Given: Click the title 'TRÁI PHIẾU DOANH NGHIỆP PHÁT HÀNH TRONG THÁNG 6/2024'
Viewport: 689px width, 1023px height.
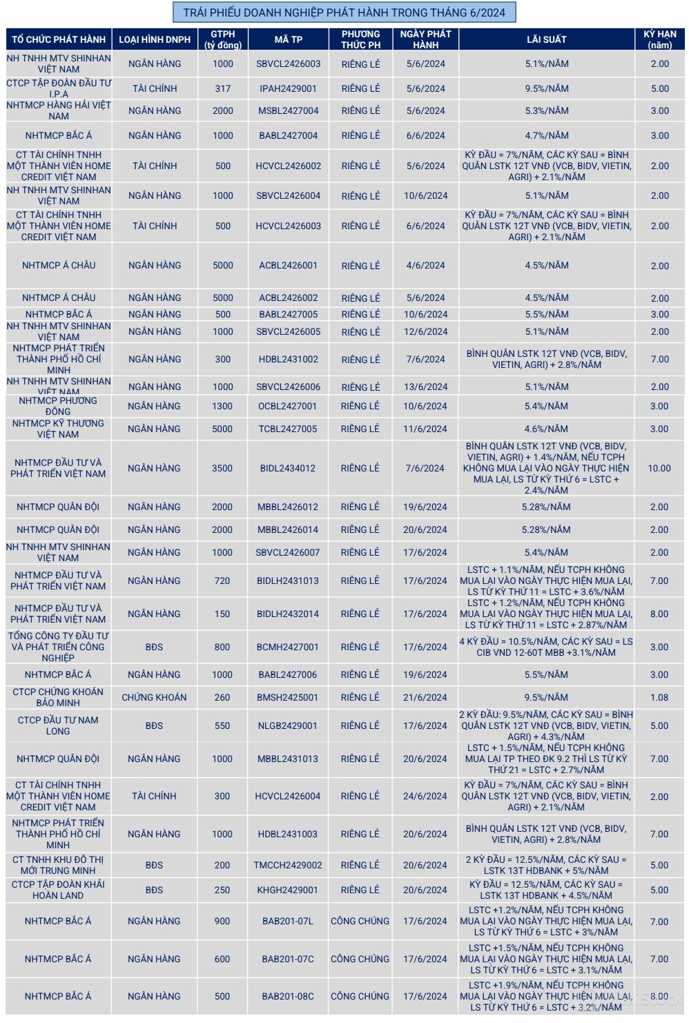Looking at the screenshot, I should coord(344,12).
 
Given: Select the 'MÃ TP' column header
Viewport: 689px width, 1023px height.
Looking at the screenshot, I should coord(288,39).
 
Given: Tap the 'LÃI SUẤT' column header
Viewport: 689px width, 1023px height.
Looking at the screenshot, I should coord(546,39).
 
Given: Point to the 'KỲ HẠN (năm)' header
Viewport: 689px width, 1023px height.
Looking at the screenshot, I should coord(659,39).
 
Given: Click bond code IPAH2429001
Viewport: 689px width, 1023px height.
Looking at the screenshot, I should coord(288,88).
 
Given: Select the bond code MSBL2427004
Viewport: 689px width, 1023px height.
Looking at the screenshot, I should coord(288,110).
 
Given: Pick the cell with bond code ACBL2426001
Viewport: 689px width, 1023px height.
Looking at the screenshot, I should coord(288,265).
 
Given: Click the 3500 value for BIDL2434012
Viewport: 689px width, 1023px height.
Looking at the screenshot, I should coord(222,468).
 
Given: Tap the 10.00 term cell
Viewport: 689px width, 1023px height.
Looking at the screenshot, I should coord(659,468).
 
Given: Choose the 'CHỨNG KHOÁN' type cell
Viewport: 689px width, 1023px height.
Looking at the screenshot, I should coord(154,697).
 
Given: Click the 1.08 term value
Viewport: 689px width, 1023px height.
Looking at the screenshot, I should coord(659,697).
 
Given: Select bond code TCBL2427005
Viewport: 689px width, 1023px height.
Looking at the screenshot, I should coord(288,429).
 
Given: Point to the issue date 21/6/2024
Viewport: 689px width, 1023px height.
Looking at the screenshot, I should coord(425,697).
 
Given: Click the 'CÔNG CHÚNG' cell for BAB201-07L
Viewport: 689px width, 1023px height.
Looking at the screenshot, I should coord(360,921).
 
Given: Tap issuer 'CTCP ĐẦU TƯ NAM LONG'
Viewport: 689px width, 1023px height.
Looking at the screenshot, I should coord(58,725).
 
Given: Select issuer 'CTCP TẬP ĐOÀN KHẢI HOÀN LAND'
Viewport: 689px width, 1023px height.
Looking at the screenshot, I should coord(58,890).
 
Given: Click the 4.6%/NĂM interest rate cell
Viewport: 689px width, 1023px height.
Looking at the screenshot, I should coord(546,429).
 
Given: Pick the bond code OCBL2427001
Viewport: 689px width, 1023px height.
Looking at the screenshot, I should coord(288,406).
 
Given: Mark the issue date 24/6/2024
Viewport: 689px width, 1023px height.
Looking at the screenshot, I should coord(425,796).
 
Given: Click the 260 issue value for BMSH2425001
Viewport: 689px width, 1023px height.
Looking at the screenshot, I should coord(222,697).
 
